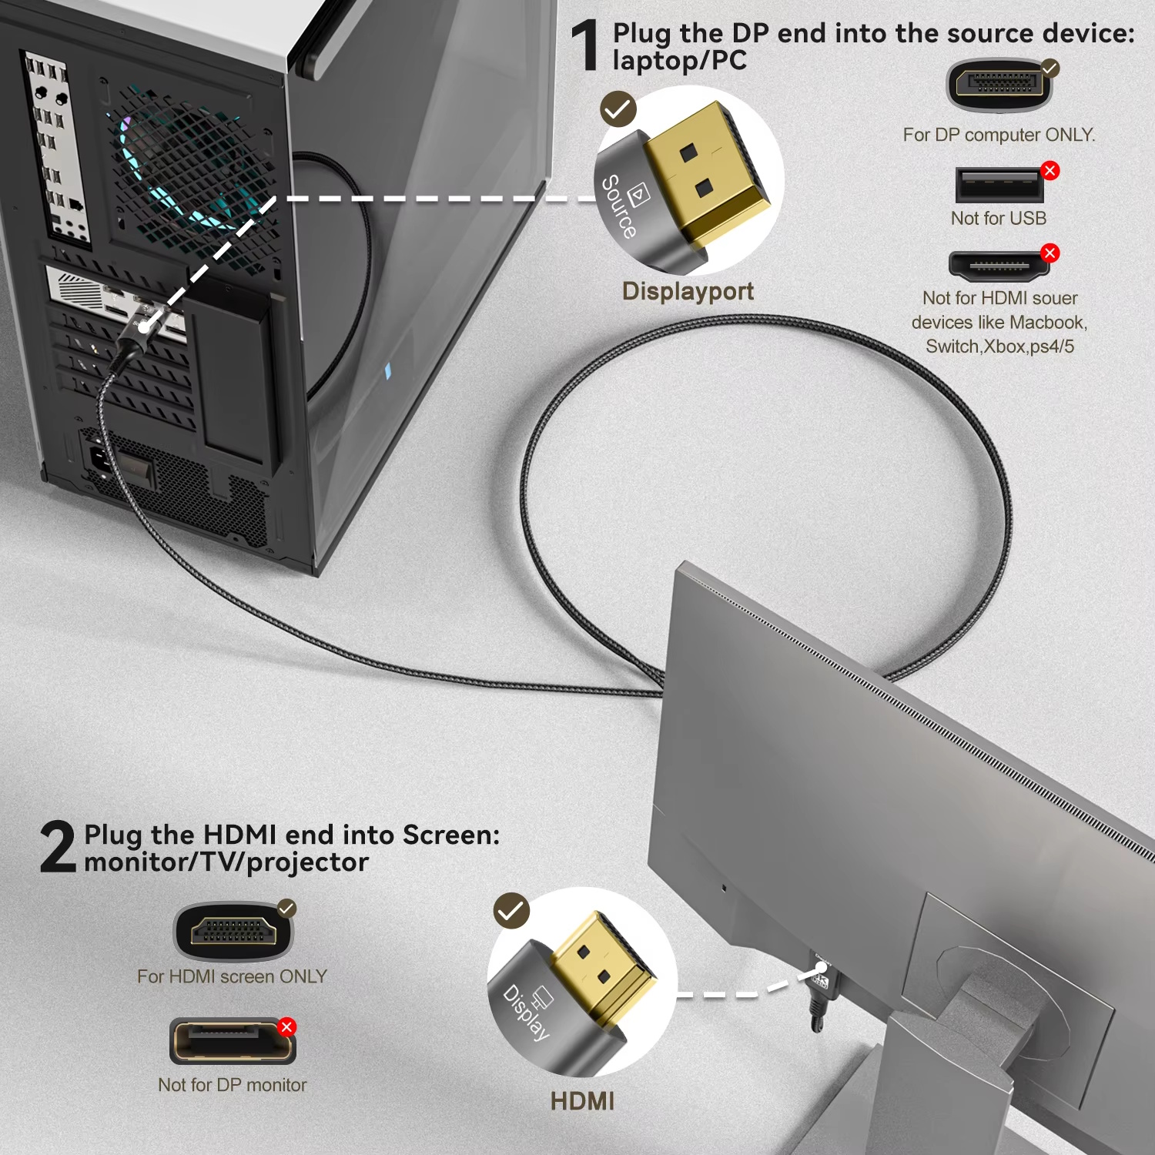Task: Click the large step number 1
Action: tap(585, 46)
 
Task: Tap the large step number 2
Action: tap(58, 847)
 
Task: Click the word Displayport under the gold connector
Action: tap(688, 291)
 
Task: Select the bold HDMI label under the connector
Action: tap(582, 1101)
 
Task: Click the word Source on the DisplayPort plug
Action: tap(619, 206)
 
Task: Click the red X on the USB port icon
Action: tap(1050, 171)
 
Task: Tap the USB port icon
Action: tap(999, 186)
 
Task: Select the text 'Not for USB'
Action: tap(999, 219)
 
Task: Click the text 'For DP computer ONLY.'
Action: tap(999, 135)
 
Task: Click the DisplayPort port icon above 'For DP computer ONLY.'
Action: tap(999, 85)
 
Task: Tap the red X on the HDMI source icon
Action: tap(1050, 253)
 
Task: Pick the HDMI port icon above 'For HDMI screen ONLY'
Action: tap(233, 932)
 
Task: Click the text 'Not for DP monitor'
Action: tap(232, 1085)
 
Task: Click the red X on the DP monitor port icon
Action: tap(286, 1027)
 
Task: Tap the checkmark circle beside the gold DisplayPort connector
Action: tap(618, 109)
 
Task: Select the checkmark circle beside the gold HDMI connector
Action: tap(511, 911)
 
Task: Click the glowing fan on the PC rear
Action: tap(185, 166)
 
